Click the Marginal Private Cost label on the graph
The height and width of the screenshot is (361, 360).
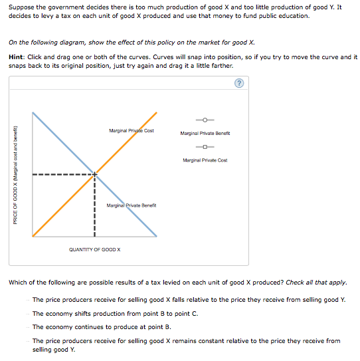[x=131, y=131]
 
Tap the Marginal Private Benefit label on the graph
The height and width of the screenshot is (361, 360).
[x=132, y=205]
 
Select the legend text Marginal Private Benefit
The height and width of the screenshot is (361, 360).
[x=205, y=133]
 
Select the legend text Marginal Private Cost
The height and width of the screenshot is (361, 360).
[x=205, y=160]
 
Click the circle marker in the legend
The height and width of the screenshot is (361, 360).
[x=205, y=120]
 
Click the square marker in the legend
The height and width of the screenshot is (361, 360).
[x=205, y=147]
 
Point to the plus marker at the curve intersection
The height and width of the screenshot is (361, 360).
[x=95, y=175]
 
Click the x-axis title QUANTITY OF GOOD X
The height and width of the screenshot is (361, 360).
[x=95, y=249]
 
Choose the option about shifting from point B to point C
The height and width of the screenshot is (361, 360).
[x=115, y=313]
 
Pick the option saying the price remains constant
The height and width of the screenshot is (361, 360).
[x=186, y=340]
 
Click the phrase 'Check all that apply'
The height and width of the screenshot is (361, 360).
[x=315, y=283]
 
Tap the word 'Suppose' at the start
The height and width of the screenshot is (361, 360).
[x=19, y=7]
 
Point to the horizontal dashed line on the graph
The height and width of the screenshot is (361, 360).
[x=60, y=175]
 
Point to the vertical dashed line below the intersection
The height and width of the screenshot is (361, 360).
[x=95, y=206]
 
